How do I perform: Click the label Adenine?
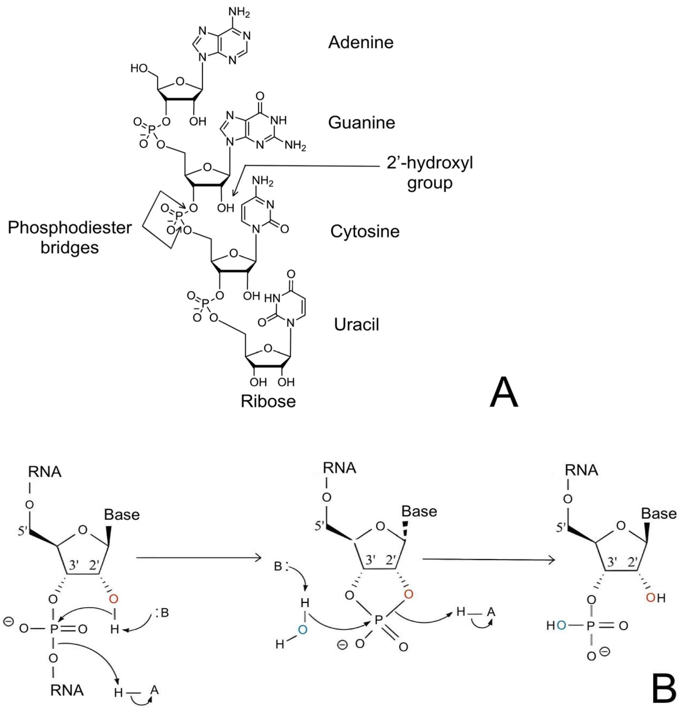click(x=361, y=42)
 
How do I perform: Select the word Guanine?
click(x=361, y=123)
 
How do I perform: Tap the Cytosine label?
click(x=364, y=231)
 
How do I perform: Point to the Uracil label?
click(x=356, y=324)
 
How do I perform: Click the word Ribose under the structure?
click(x=268, y=401)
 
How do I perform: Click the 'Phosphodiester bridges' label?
click(x=69, y=237)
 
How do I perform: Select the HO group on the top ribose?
click(x=139, y=68)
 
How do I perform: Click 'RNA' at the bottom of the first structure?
click(x=67, y=690)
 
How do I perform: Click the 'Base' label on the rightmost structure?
click(x=658, y=514)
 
